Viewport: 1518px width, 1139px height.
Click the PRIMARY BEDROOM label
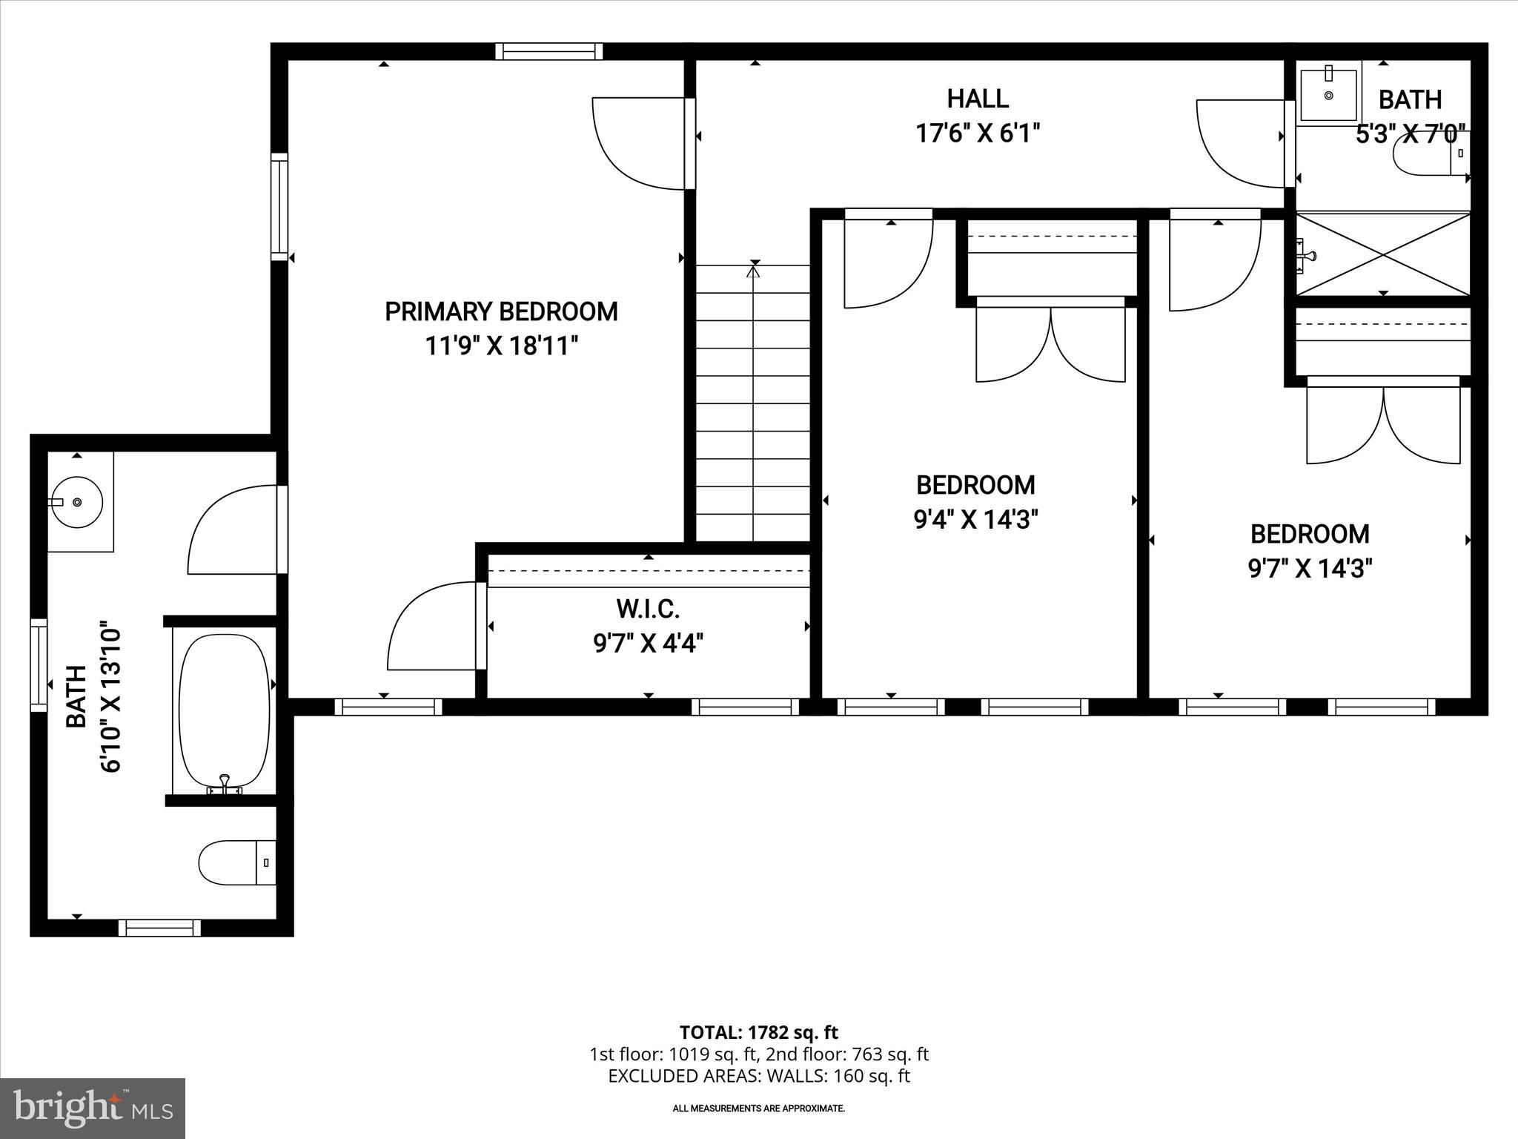click(501, 311)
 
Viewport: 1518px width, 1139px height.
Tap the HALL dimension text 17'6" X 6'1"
click(978, 133)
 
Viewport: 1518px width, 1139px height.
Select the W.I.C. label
click(648, 610)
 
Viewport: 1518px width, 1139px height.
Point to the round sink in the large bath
click(79, 502)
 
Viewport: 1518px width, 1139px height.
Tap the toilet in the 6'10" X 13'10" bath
click(236, 862)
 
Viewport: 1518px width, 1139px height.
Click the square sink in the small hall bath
click(1328, 95)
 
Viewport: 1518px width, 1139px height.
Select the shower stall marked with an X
click(1383, 254)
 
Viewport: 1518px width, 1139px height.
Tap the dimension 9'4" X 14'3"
click(975, 520)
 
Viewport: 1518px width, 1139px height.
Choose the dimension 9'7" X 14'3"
click(1310, 569)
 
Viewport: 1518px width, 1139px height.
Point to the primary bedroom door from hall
click(639, 142)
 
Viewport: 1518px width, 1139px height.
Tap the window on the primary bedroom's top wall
click(548, 51)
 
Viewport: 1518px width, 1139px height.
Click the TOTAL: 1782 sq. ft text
click(758, 1032)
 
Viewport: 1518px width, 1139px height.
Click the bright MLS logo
click(93, 1108)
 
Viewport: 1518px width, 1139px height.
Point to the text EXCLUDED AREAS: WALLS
click(758, 1076)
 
